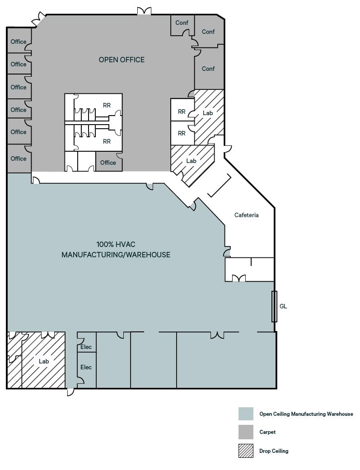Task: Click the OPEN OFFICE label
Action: point(122,60)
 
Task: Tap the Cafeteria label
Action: point(246,215)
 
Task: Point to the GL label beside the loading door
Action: point(283,306)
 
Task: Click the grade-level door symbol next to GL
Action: point(274,307)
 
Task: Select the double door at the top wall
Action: point(144,11)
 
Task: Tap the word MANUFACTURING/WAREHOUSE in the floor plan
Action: point(116,255)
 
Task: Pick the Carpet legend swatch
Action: point(246,432)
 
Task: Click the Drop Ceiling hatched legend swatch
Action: point(246,451)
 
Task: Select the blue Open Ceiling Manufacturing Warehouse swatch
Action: point(246,414)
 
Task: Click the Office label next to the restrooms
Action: point(108,163)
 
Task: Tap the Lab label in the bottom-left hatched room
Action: point(44,361)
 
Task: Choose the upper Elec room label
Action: point(86,347)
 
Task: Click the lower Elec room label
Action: point(86,367)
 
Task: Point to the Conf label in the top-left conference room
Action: point(182,23)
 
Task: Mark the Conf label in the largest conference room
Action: point(208,69)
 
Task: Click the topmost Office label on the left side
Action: point(19,42)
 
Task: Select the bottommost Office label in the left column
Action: point(19,158)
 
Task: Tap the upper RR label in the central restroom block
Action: point(107,105)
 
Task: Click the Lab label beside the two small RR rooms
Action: point(208,113)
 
